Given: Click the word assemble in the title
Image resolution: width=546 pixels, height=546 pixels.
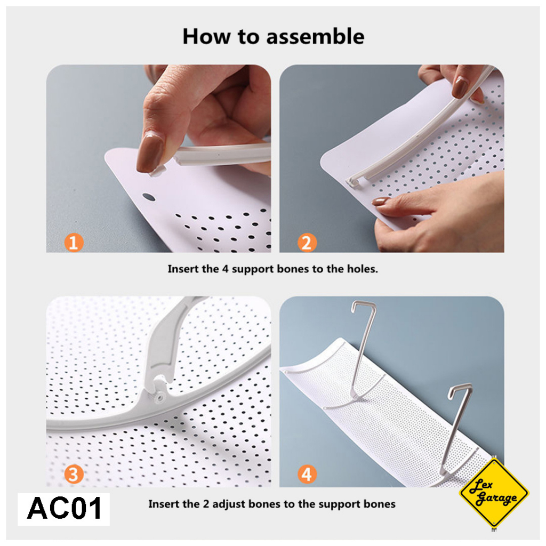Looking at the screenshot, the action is [x=315, y=37].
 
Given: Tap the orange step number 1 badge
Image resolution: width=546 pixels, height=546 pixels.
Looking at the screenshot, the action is [x=74, y=243].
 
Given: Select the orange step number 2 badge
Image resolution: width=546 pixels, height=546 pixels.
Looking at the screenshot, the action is [x=307, y=243].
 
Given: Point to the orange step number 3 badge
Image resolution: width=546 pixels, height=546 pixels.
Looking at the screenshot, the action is [x=74, y=474].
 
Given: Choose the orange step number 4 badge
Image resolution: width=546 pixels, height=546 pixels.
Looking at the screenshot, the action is [x=307, y=474].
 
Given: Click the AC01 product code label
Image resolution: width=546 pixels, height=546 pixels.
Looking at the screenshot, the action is [x=64, y=509].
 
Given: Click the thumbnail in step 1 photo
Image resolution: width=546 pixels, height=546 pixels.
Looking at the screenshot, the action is [x=150, y=153].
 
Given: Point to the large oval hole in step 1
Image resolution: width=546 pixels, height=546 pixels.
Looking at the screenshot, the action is [x=149, y=197].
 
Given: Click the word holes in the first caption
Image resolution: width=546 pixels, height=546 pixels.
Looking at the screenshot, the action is [x=362, y=269].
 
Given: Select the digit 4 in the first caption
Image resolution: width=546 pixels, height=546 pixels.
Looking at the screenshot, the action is [x=225, y=269].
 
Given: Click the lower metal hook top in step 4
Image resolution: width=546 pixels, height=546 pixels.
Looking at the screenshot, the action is [x=460, y=388].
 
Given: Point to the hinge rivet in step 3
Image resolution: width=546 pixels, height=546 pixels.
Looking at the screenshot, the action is [x=160, y=396].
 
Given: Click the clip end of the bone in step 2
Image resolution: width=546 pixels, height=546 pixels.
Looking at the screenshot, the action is [x=353, y=182].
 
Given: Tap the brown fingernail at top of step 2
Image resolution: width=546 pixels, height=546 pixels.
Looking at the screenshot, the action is [x=460, y=87].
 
